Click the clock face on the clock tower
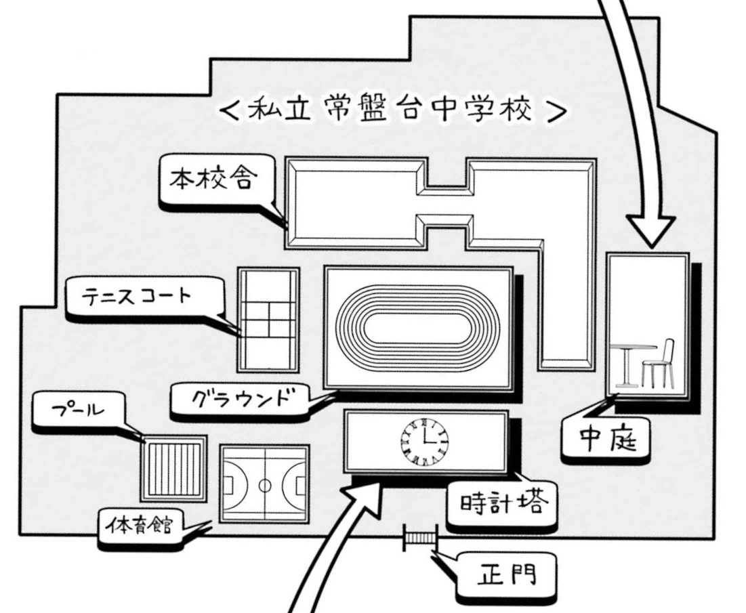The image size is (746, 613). pyautogui.click(x=425, y=442)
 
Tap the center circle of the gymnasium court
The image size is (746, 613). pyautogui.click(x=265, y=484)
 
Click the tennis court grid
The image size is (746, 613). pyautogui.click(x=268, y=319)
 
